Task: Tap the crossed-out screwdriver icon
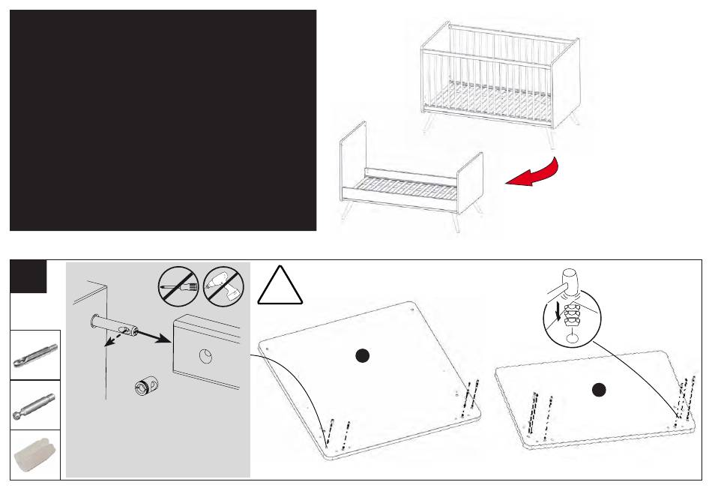[x=178, y=287]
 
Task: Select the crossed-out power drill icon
[x=224, y=287]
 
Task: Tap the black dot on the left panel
[x=362, y=357]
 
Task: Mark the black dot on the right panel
[x=597, y=389]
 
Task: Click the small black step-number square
[x=29, y=277]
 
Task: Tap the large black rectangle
[x=163, y=120]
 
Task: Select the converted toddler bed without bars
[x=411, y=180]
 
